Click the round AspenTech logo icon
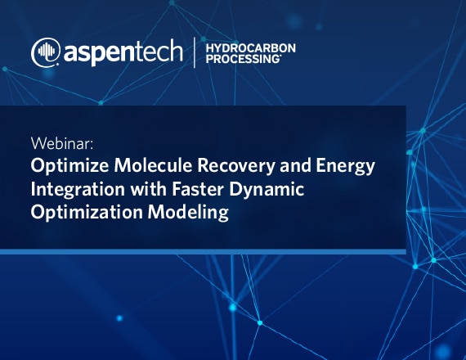coord(46,52)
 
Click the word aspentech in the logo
coord(123,53)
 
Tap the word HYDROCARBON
coord(250,48)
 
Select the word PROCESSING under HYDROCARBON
coord(243,59)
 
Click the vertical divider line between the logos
coord(195,52)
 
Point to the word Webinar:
coord(62,143)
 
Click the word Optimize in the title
coord(69,166)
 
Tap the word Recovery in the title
coord(236,166)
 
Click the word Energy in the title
coord(345,166)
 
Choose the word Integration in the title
coord(78,190)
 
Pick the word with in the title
coord(148,189)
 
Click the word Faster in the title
coord(198,189)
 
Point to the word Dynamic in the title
coord(267,190)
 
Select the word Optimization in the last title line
coord(87,213)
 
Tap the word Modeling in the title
coord(188,213)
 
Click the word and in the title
coord(295,165)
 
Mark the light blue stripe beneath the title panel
coord(203,252)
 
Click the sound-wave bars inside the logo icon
coord(47,51)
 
